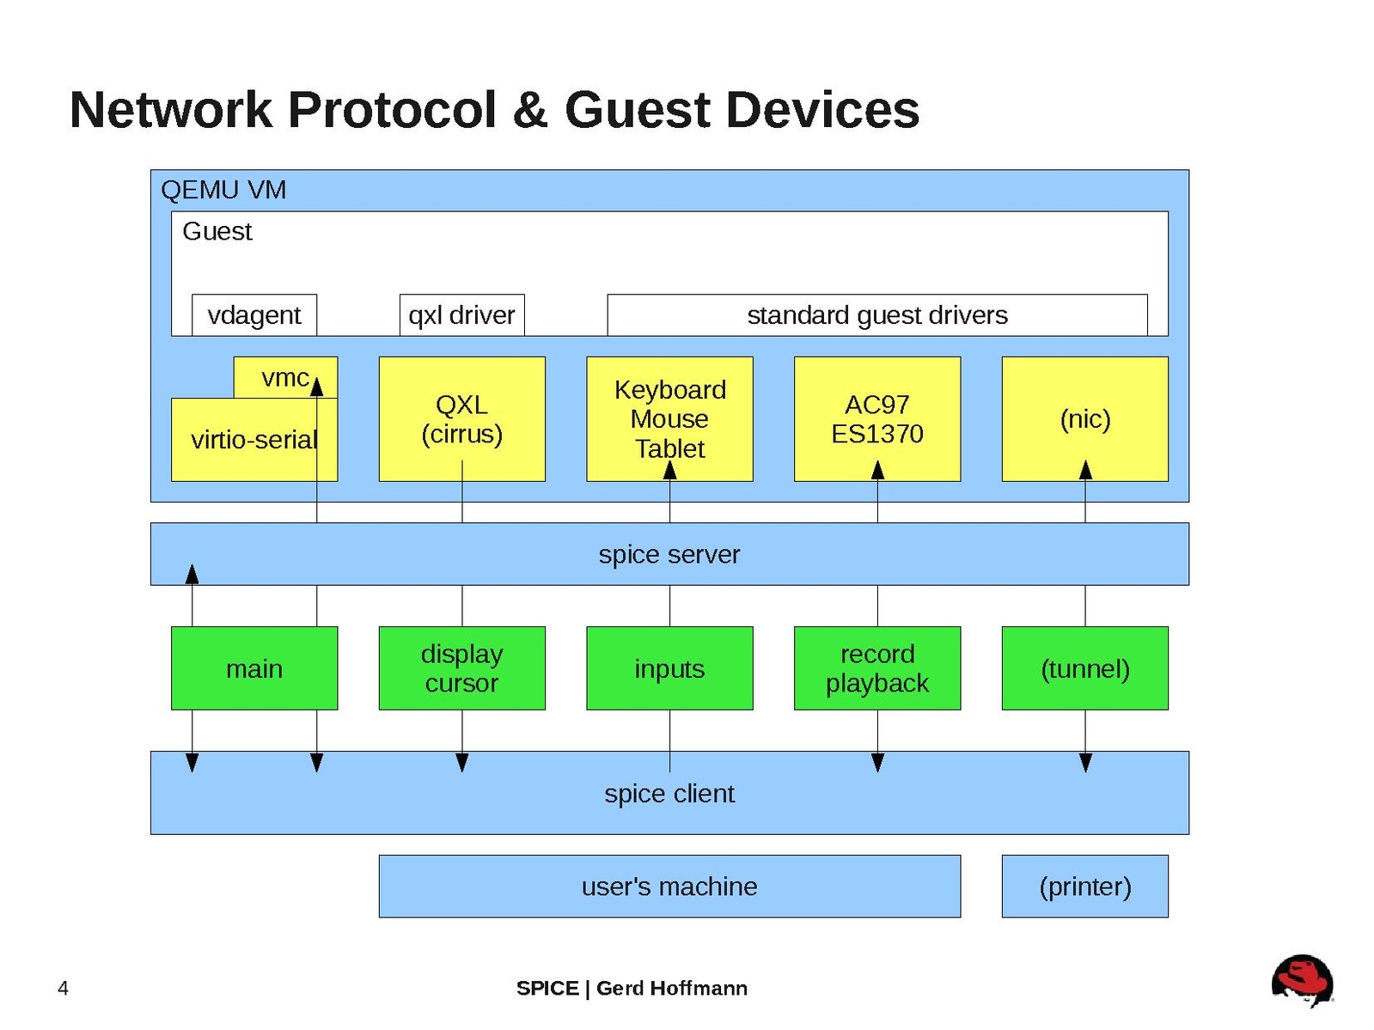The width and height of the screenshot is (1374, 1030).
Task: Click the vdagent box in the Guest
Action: (253, 315)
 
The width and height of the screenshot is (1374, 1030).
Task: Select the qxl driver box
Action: (461, 315)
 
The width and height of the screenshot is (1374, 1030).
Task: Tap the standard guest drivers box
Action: (876, 315)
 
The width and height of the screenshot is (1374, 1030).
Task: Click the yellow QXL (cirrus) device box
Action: (461, 419)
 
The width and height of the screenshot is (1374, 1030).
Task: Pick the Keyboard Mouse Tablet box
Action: (669, 419)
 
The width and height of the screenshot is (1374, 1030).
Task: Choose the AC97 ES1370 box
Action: (876, 419)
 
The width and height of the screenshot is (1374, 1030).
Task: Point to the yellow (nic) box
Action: (1084, 419)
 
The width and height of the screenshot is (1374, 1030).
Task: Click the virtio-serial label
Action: (253, 440)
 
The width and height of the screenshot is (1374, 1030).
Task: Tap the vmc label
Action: (284, 378)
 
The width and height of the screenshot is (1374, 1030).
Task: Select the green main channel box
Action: (253, 668)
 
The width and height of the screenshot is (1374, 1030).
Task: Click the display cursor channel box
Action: (461, 668)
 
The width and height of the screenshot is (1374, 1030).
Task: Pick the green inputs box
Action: (669, 668)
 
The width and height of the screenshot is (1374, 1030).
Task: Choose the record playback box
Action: (876, 668)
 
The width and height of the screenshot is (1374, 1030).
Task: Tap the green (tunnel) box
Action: (1084, 668)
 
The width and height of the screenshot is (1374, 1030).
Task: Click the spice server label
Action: (669, 554)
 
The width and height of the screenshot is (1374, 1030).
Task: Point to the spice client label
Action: (669, 794)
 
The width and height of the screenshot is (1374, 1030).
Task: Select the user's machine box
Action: (669, 887)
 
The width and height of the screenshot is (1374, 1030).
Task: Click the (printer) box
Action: (1084, 887)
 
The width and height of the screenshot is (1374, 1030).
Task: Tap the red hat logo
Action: (1302, 980)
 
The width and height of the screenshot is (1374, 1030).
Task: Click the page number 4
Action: (63, 989)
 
